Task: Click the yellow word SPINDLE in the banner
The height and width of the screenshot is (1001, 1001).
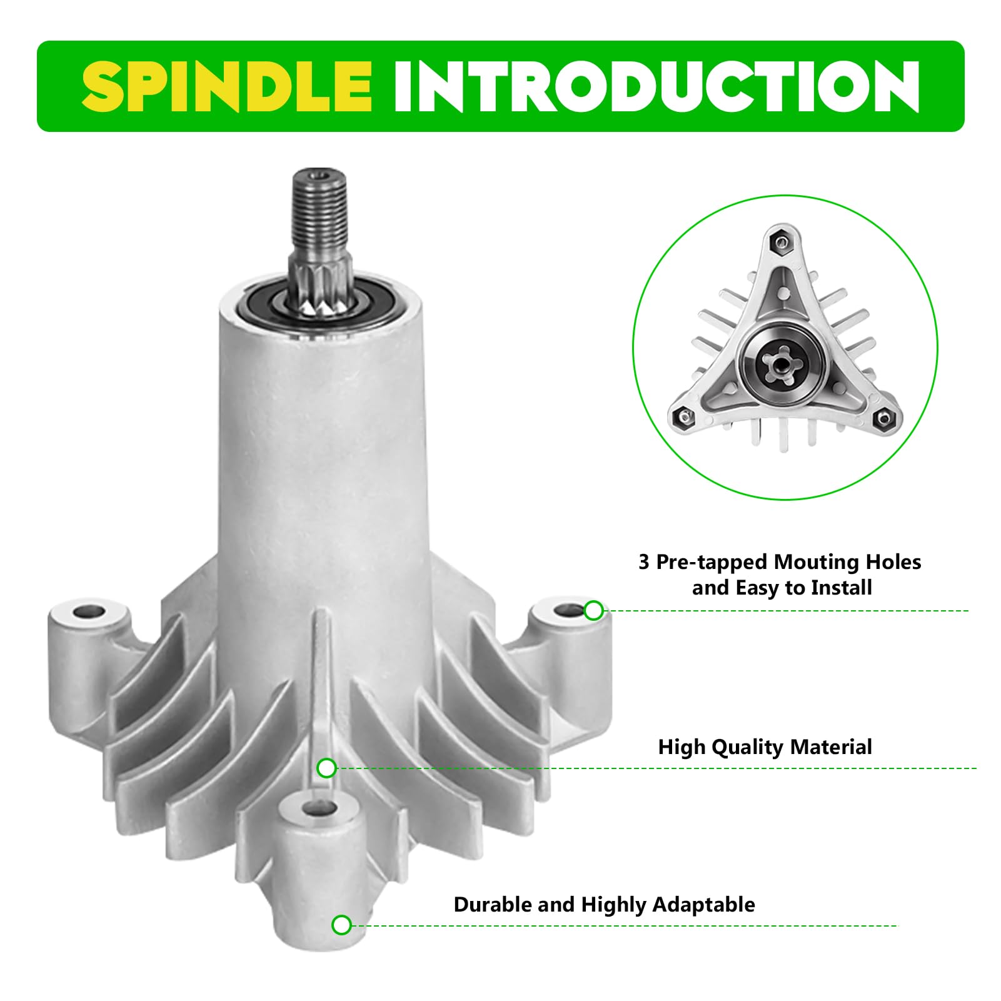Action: coord(227,87)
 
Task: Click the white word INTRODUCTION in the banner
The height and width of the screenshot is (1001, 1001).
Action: coord(656,87)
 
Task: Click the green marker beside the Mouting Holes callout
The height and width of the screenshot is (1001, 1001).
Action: coord(593,610)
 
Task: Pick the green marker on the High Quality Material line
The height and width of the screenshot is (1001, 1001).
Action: coord(327,768)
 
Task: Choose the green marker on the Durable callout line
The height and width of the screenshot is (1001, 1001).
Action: coord(341,925)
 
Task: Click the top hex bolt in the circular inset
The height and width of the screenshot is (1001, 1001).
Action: coord(780,243)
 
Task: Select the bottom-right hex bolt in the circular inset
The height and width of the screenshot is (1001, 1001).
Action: coord(883,418)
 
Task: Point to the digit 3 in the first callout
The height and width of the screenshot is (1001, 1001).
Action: coord(644,562)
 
